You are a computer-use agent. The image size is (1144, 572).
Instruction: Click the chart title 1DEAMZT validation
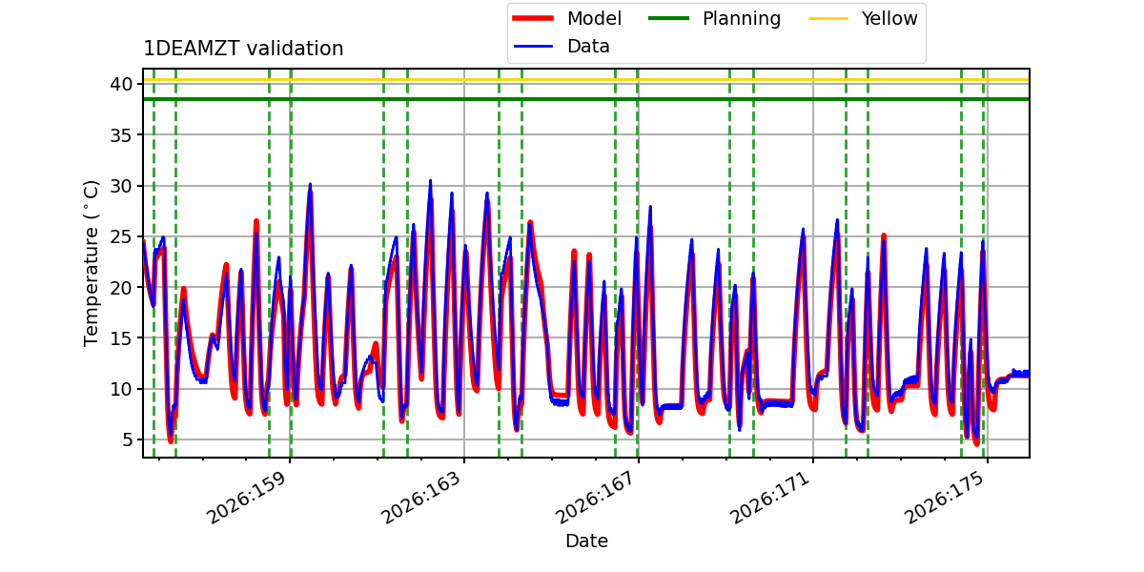click(243, 49)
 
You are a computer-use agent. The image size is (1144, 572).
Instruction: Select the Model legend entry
click(566, 18)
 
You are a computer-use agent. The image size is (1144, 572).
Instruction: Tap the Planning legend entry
click(714, 18)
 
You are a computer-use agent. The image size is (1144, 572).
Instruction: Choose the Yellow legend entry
click(863, 18)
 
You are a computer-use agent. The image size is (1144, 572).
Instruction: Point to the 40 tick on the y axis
click(121, 84)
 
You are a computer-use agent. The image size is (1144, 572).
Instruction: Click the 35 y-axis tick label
click(121, 134)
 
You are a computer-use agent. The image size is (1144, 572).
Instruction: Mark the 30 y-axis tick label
click(121, 186)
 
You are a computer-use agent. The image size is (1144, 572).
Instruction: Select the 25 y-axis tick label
click(121, 236)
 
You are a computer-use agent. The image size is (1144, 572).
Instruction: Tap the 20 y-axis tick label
click(121, 288)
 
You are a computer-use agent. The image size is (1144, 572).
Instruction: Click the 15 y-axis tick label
click(121, 338)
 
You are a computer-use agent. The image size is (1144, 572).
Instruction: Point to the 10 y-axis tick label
click(121, 389)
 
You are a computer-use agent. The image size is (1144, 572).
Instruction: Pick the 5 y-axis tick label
click(127, 439)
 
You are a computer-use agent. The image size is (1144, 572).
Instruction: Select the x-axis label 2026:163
click(420, 498)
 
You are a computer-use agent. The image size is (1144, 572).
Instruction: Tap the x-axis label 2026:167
click(595, 498)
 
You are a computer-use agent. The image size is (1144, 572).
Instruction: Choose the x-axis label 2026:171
click(769, 498)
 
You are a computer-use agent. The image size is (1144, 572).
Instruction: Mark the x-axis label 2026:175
click(944, 498)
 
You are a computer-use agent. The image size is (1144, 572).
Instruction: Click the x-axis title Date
click(586, 541)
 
